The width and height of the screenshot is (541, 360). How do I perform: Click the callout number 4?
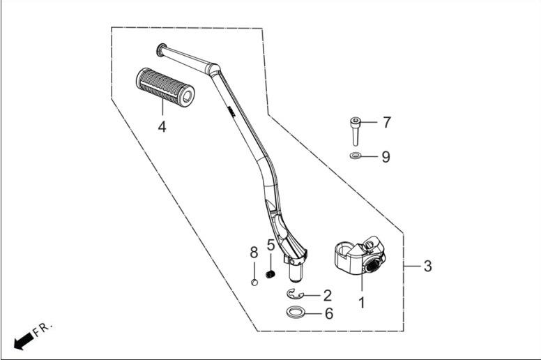coord(162,127)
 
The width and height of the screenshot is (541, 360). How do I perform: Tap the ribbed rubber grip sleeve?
coord(165,87)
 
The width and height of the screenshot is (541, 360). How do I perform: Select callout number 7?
coord(387,122)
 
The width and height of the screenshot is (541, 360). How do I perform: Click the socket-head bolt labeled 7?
coord(355,131)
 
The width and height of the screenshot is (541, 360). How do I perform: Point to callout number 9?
coord(386,157)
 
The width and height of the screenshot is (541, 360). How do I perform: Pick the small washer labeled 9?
coord(355,156)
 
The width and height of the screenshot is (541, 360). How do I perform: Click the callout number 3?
coord(427,266)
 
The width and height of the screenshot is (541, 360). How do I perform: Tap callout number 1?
coord(362,303)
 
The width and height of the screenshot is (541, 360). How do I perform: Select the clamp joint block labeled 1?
coord(360,255)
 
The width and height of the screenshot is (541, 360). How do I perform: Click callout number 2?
coord(327,295)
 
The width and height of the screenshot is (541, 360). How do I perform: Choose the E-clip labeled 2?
coord(295,294)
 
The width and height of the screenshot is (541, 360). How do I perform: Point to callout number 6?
coord(329,314)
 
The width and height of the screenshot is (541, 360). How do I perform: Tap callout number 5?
coord(270,246)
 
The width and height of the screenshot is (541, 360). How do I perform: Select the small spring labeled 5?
coord(270,274)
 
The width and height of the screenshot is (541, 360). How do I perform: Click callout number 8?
coord(254,253)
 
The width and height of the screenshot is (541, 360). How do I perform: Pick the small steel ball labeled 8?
coord(254,283)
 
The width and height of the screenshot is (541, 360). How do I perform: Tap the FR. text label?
coord(43,329)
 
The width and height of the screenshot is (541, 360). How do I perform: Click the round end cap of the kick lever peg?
coord(160,50)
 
